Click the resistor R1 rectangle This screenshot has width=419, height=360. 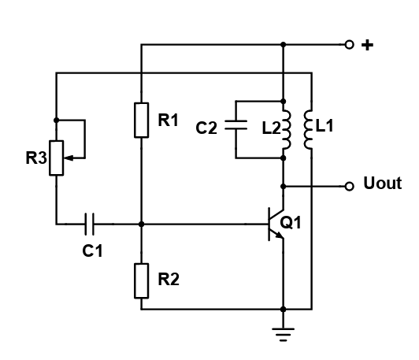click(x=141, y=120)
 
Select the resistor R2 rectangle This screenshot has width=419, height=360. click(x=141, y=280)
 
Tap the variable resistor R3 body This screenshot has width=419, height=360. click(x=57, y=158)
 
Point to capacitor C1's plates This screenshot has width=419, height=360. click(x=89, y=224)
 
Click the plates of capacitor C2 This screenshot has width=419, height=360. click(x=235, y=125)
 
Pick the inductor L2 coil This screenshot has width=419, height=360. click(x=287, y=129)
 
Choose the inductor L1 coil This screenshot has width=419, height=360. click(x=308, y=129)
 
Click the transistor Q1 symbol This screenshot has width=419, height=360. click(x=276, y=224)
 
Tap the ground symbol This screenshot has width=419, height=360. click(x=284, y=335)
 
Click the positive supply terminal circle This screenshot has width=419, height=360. click(x=349, y=44)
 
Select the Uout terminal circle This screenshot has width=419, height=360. click(x=349, y=186)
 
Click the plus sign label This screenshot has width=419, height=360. click(x=368, y=45)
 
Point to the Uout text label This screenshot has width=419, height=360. click(x=383, y=184)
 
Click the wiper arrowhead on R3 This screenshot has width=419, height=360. click(x=68, y=158)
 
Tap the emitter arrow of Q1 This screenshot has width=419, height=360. click(x=280, y=236)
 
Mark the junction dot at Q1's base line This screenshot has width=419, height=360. click(x=141, y=224)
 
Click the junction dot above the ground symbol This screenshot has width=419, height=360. click(x=284, y=310)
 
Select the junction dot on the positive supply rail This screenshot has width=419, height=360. click(x=284, y=44)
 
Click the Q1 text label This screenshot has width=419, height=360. click(x=291, y=223)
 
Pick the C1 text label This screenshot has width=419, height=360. click(x=92, y=251)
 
